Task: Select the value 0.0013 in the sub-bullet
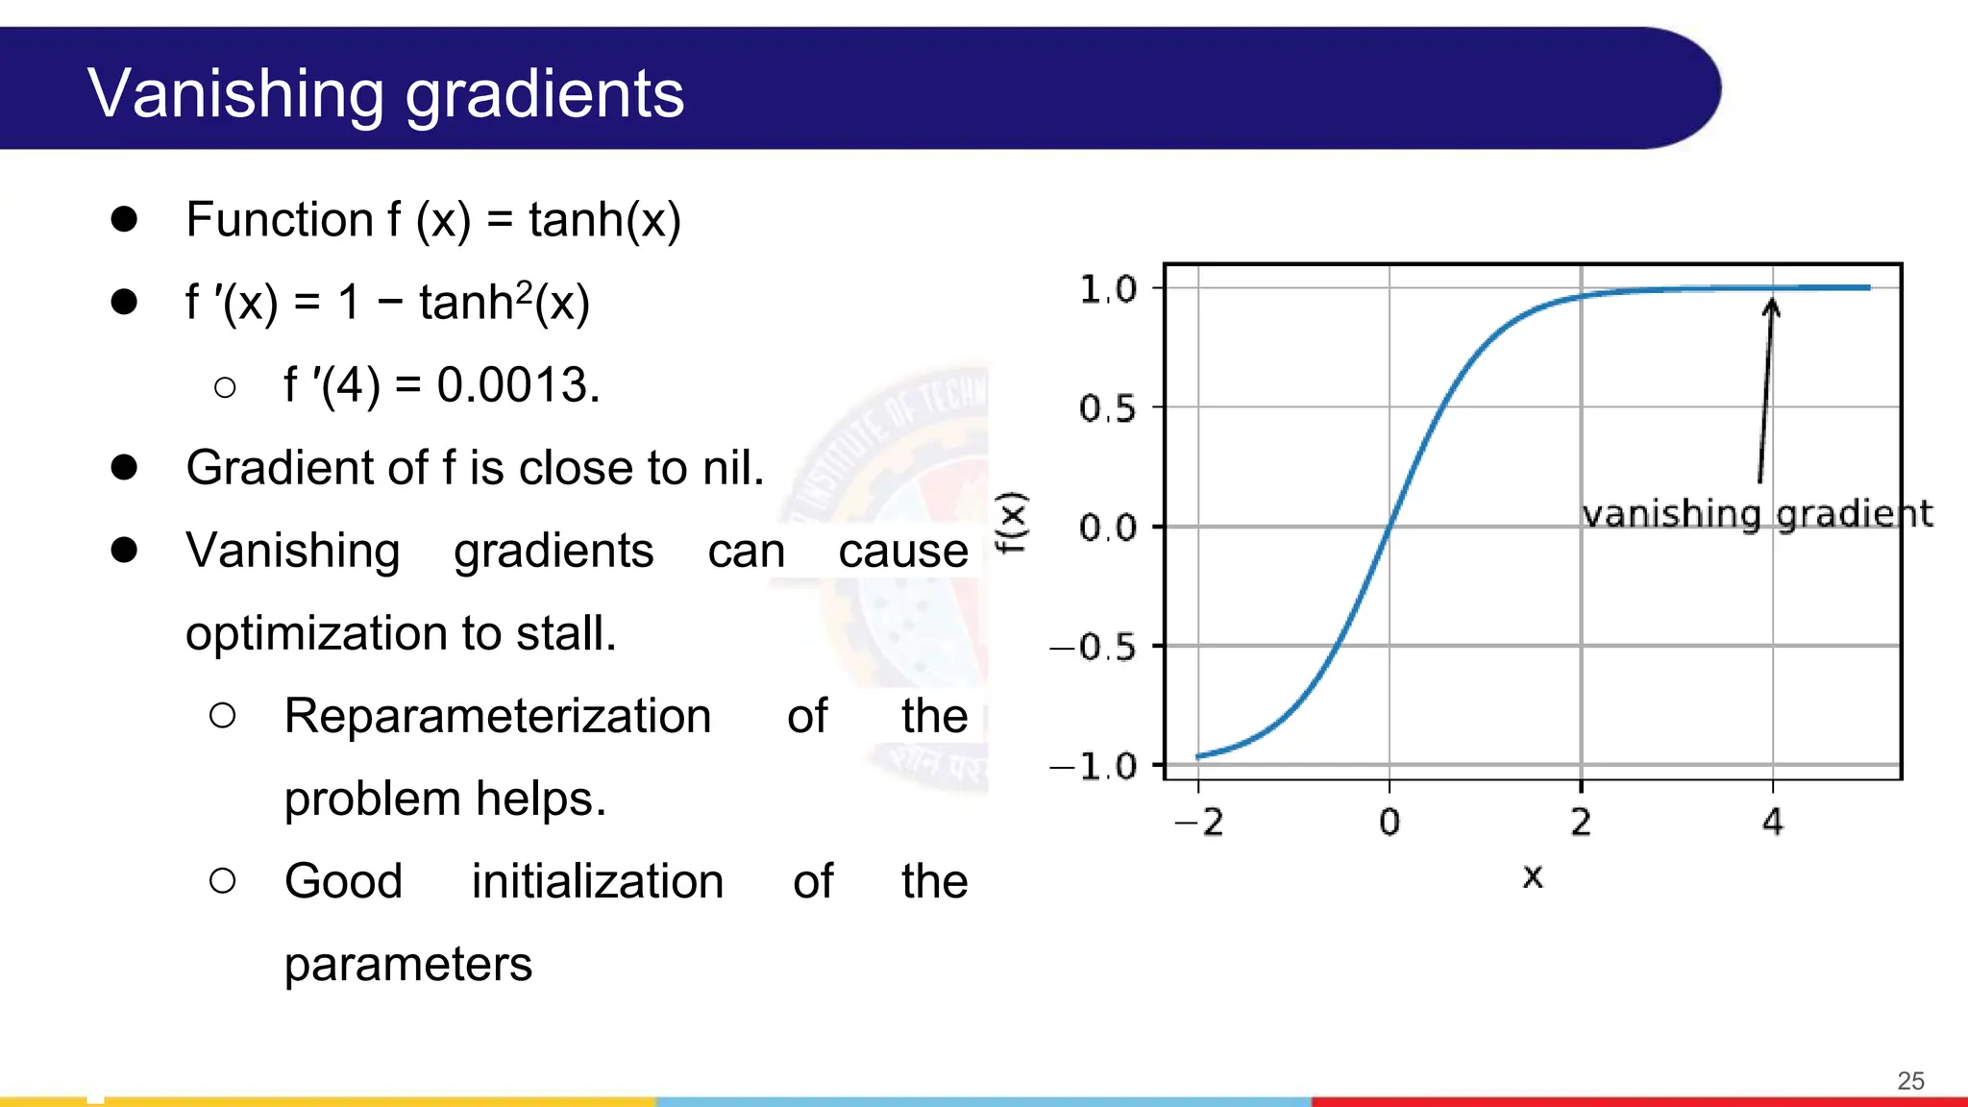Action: [517, 385]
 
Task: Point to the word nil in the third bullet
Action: [732, 468]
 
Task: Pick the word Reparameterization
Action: [497, 717]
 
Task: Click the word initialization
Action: [597, 882]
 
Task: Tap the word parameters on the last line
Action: [407, 965]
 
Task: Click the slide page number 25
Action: [1910, 1081]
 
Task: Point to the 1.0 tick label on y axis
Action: [1107, 289]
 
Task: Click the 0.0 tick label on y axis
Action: [1107, 528]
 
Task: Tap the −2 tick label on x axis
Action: [1198, 823]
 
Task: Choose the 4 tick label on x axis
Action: [1773, 823]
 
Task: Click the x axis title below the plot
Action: [1533, 876]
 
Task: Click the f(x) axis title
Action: [1012, 523]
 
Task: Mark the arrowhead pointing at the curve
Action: [1772, 307]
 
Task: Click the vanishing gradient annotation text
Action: [1757, 515]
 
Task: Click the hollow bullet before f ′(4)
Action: [225, 387]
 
